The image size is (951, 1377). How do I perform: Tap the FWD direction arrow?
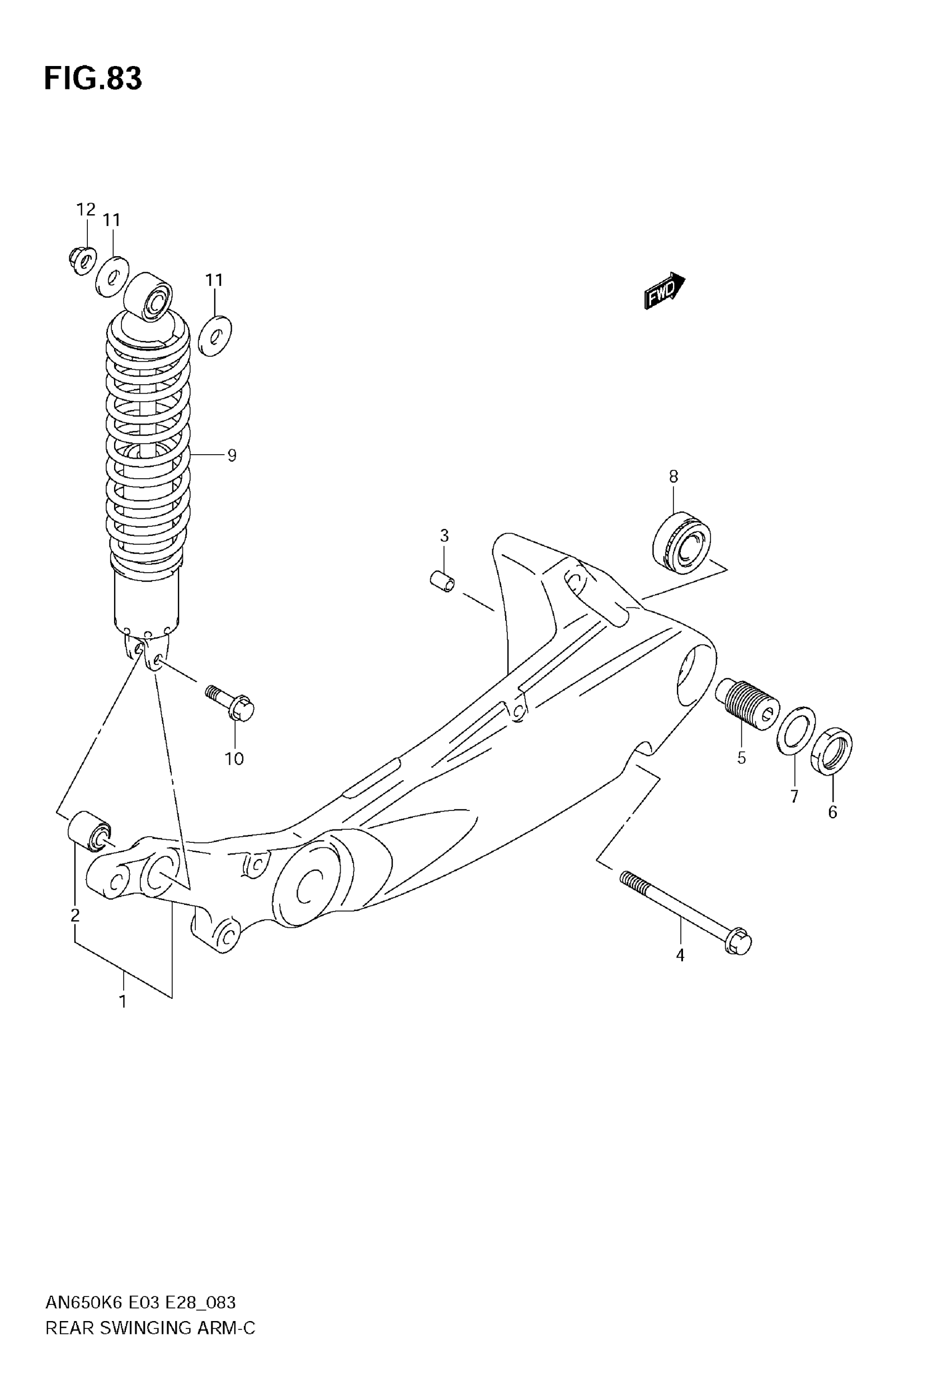[x=664, y=291]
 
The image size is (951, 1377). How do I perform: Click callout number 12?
[x=86, y=210]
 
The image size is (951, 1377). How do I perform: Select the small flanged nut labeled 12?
[x=82, y=260]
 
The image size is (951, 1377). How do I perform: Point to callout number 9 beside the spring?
[x=232, y=456]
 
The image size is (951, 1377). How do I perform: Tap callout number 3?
[x=444, y=536]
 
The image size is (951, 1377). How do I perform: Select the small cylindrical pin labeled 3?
[x=442, y=581]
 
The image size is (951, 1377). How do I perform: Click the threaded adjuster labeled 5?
[x=747, y=705]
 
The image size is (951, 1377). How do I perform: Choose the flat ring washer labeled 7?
[x=796, y=731]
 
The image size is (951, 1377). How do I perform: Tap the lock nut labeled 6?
[x=832, y=752]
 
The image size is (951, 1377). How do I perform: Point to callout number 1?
[x=123, y=1002]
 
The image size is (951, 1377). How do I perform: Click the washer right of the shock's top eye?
[x=214, y=336]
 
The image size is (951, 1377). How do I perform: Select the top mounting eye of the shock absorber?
[x=148, y=296]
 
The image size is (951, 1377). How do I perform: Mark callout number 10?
[x=234, y=759]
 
